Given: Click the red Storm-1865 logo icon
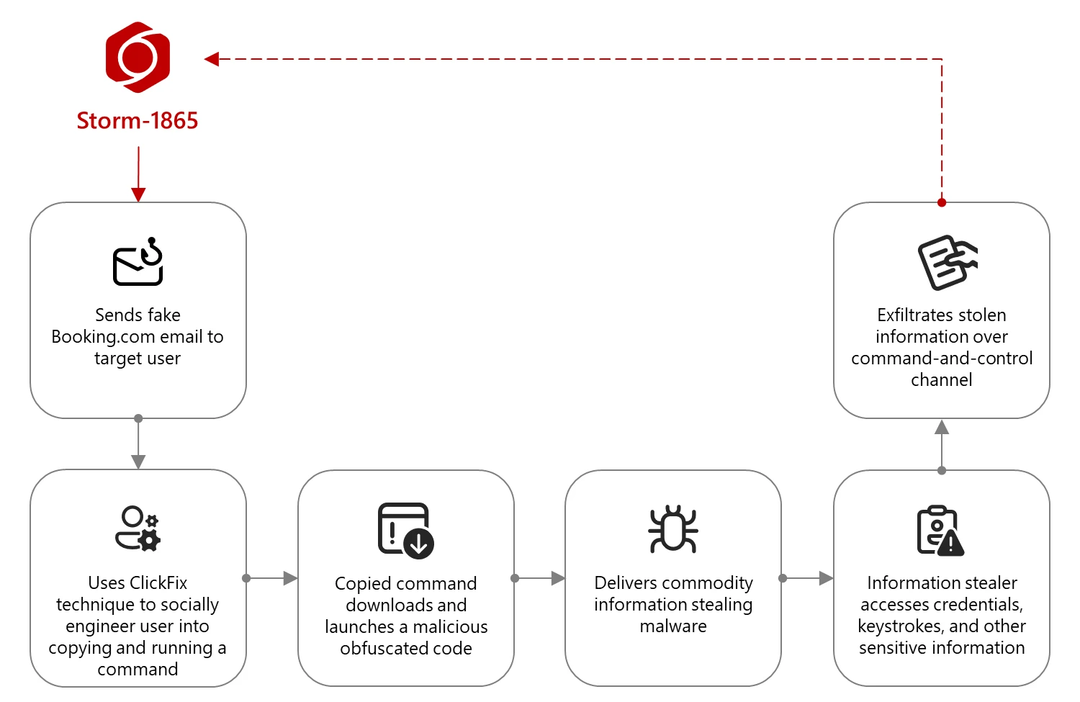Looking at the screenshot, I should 138,57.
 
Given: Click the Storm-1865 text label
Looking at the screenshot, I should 138,121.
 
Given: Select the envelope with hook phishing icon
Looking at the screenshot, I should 138,261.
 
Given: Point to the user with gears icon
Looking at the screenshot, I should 138,528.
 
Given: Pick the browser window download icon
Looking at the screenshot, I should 405,530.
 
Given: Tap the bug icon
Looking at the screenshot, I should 673,528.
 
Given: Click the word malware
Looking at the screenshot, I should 673,626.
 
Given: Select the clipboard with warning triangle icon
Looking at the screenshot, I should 940,531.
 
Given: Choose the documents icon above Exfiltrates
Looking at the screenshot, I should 946,262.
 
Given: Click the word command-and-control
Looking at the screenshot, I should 942,359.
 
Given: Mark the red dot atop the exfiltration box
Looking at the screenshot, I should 942,202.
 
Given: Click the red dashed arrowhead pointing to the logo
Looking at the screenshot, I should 212,59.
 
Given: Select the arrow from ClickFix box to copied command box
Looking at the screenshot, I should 271,578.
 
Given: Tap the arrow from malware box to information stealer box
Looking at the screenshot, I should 807,578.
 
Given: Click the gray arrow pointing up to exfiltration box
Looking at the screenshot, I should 942,444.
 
